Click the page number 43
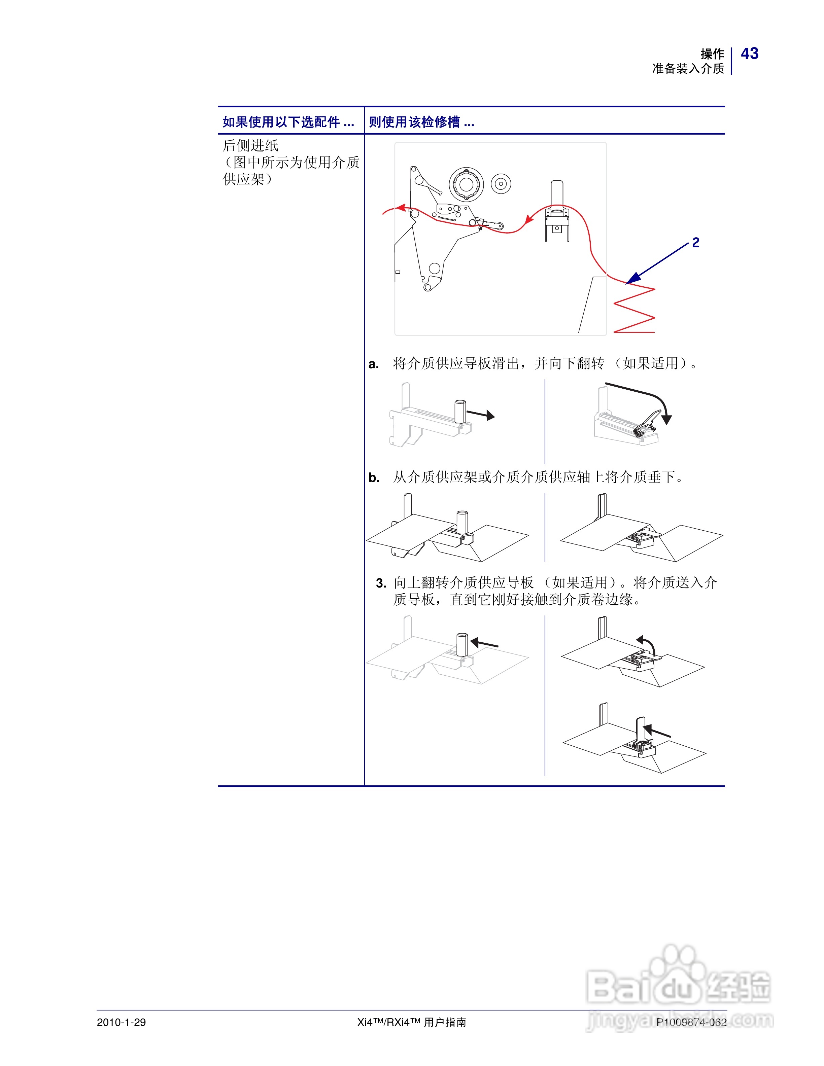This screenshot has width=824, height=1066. (749, 54)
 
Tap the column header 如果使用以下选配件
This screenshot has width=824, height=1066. (288, 122)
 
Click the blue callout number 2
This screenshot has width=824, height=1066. (696, 243)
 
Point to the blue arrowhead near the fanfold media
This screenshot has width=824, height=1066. (633, 279)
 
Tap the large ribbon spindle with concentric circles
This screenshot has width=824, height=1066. (466, 184)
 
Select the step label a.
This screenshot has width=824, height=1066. (373, 364)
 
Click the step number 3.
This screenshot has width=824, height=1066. (381, 583)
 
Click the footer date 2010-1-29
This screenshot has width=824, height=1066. (121, 1022)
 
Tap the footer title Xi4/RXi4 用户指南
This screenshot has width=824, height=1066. (412, 1022)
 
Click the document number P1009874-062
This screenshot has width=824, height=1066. (691, 1022)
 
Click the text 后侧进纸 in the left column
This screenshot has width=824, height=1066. (250, 145)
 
